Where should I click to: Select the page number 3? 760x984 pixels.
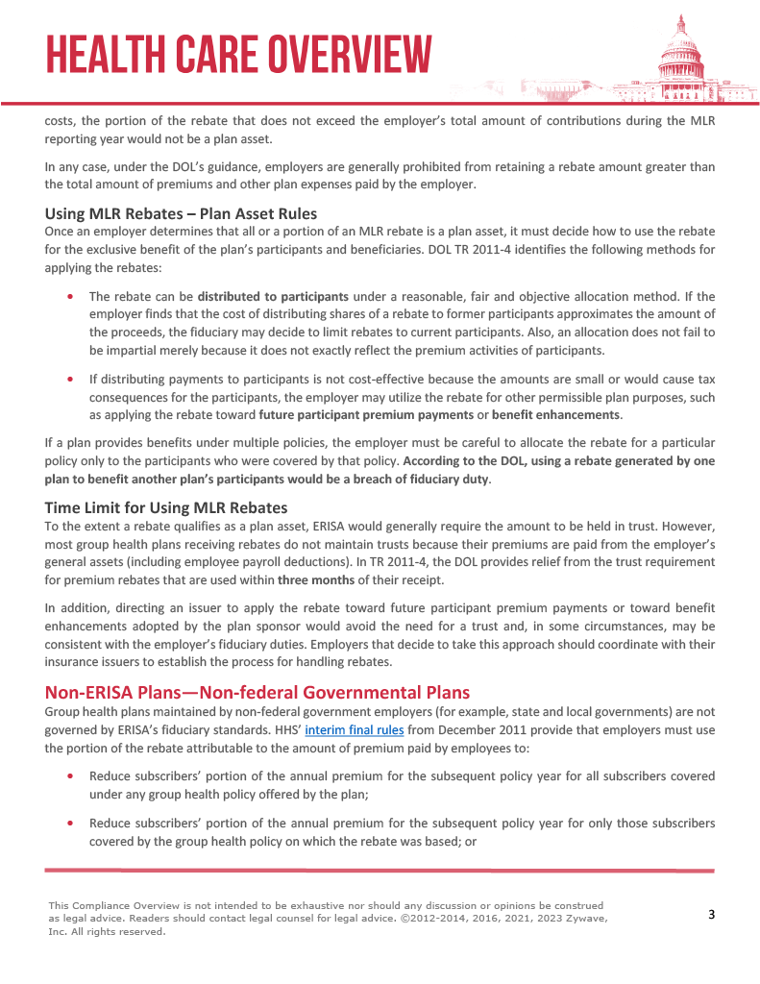[711, 914]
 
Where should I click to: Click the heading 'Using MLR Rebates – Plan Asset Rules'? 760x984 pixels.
[181, 213]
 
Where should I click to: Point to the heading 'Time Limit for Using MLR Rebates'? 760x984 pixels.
[166, 507]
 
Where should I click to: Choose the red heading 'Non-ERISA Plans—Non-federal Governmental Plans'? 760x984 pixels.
[257, 692]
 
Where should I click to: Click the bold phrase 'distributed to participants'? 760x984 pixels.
[273, 296]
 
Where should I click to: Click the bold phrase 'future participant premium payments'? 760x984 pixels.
[366, 415]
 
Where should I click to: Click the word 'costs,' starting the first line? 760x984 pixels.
[59, 122]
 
